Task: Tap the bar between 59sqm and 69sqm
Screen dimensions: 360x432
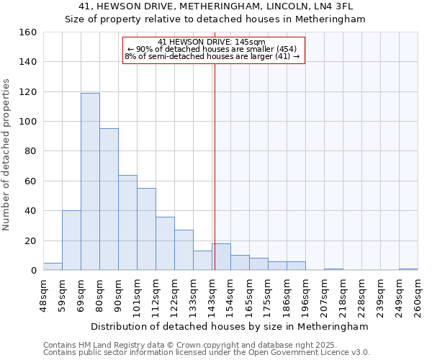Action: tap(71, 240)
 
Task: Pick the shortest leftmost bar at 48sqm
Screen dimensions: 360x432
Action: tap(53, 266)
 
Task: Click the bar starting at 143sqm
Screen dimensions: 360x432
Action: tap(221, 257)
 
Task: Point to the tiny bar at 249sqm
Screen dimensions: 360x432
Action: tap(408, 269)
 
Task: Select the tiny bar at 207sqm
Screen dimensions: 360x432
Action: tap(333, 269)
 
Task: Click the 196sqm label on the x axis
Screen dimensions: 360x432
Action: tap(305, 295)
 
